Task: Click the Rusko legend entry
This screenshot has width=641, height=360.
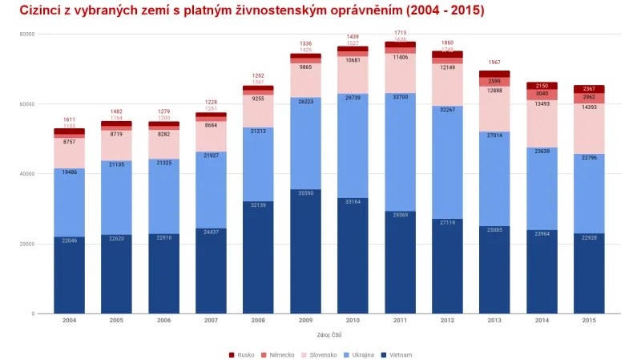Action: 241,354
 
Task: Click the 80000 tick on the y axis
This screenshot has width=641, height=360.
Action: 26,34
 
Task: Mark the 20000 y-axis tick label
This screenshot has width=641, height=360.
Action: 26,244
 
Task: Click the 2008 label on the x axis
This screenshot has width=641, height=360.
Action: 258,320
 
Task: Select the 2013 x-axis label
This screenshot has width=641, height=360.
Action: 494,320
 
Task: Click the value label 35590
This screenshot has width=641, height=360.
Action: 305,193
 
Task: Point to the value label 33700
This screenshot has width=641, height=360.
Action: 400,97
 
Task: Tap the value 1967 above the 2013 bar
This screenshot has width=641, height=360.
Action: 494,63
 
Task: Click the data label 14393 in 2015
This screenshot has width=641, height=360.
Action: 589,107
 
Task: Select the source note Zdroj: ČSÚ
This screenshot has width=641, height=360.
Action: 329,334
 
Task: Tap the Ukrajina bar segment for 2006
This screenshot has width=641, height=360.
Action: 163,196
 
